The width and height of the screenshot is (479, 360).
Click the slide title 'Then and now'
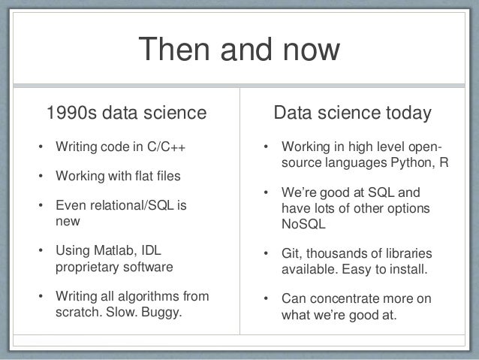point(239,51)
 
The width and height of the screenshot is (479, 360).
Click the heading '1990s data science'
point(125,113)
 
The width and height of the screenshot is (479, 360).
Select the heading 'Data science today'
point(352,113)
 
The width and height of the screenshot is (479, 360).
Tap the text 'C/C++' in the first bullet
point(165,146)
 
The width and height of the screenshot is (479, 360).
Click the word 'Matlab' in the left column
point(113,251)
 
